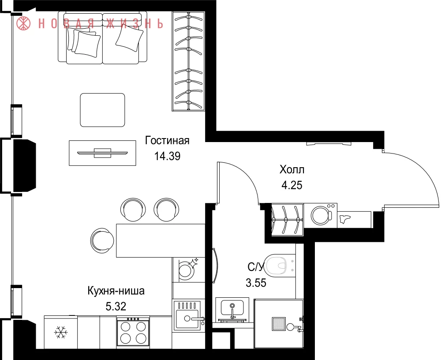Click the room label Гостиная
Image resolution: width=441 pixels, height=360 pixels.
pyautogui.click(x=167, y=140)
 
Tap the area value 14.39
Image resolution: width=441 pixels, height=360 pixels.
pyautogui.click(x=167, y=156)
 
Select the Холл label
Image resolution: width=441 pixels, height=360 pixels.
pyautogui.click(x=292, y=170)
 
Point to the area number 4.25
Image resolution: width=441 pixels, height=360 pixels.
pyautogui.click(x=292, y=185)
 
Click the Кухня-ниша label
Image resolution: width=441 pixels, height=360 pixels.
pyautogui.click(x=116, y=291)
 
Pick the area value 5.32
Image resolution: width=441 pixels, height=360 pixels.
pyautogui.click(x=116, y=306)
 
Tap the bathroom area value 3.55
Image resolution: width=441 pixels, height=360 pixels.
pyautogui.click(x=256, y=283)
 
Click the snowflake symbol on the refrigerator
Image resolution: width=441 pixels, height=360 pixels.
pyautogui.click(x=61, y=332)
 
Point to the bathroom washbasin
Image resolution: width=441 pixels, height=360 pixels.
pyautogui.click(x=232, y=309)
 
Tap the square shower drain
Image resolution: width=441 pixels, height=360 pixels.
pyautogui.click(x=279, y=324)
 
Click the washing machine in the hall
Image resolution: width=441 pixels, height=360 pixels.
pyautogui.click(x=321, y=215)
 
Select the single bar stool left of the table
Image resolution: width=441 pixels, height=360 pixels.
pyautogui.click(x=103, y=240)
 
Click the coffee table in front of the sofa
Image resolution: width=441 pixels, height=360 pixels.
pyautogui.click(x=102, y=110)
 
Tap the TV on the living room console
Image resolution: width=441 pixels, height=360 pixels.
pyautogui.click(x=102, y=153)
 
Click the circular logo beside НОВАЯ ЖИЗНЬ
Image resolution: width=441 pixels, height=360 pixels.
pyautogui.click(x=23, y=23)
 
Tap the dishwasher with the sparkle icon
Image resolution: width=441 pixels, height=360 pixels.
pyautogui.click(x=187, y=270)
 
